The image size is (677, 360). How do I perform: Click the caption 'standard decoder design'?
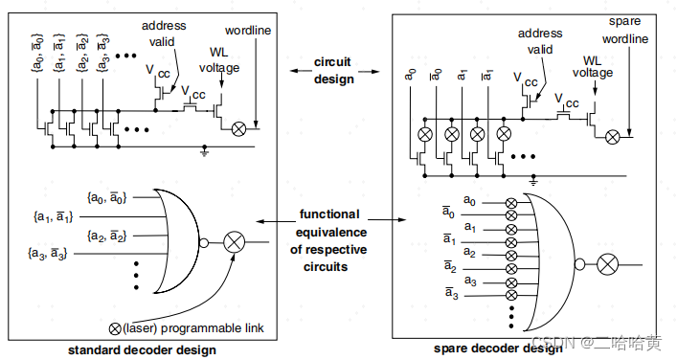point(142,349)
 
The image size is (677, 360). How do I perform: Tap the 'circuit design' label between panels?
point(333,70)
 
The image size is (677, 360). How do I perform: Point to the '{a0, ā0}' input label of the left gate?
point(106,197)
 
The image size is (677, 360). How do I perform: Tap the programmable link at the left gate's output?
point(234,241)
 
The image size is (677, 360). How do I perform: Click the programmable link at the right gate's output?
point(605,264)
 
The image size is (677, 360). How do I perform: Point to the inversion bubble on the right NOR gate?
point(579,264)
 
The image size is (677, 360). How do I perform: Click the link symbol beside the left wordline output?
point(239,127)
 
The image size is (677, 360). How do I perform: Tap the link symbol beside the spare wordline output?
point(612,137)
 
